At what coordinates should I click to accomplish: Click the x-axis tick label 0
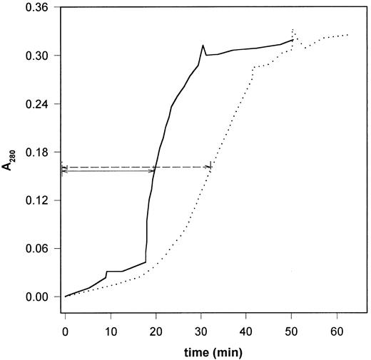click(65, 331)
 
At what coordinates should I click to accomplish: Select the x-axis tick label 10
click(110, 331)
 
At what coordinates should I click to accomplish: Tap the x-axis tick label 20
click(156, 331)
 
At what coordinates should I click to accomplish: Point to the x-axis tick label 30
click(201, 331)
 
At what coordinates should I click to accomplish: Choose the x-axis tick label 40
click(246, 331)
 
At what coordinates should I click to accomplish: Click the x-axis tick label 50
click(292, 331)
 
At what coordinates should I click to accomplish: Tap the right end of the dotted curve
click(347, 35)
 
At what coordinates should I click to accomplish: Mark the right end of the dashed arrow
click(210, 167)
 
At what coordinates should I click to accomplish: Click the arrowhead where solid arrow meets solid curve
click(153, 171)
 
